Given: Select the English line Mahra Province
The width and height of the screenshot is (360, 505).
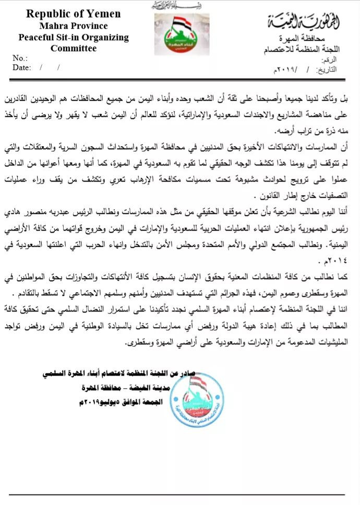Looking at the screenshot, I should tap(74, 26).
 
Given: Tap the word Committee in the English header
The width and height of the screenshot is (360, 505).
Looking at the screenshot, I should tap(74, 49).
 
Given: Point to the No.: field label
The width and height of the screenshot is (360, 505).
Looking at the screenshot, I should tap(20, 58).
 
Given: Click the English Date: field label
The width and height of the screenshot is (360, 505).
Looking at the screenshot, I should tap(21, 67).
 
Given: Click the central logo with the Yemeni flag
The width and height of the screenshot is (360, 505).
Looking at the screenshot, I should tap(179, 34).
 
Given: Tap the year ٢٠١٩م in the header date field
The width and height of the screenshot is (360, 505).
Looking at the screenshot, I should tap(284, 69).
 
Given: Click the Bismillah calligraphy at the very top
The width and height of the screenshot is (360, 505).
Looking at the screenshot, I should tap(179, 5).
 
